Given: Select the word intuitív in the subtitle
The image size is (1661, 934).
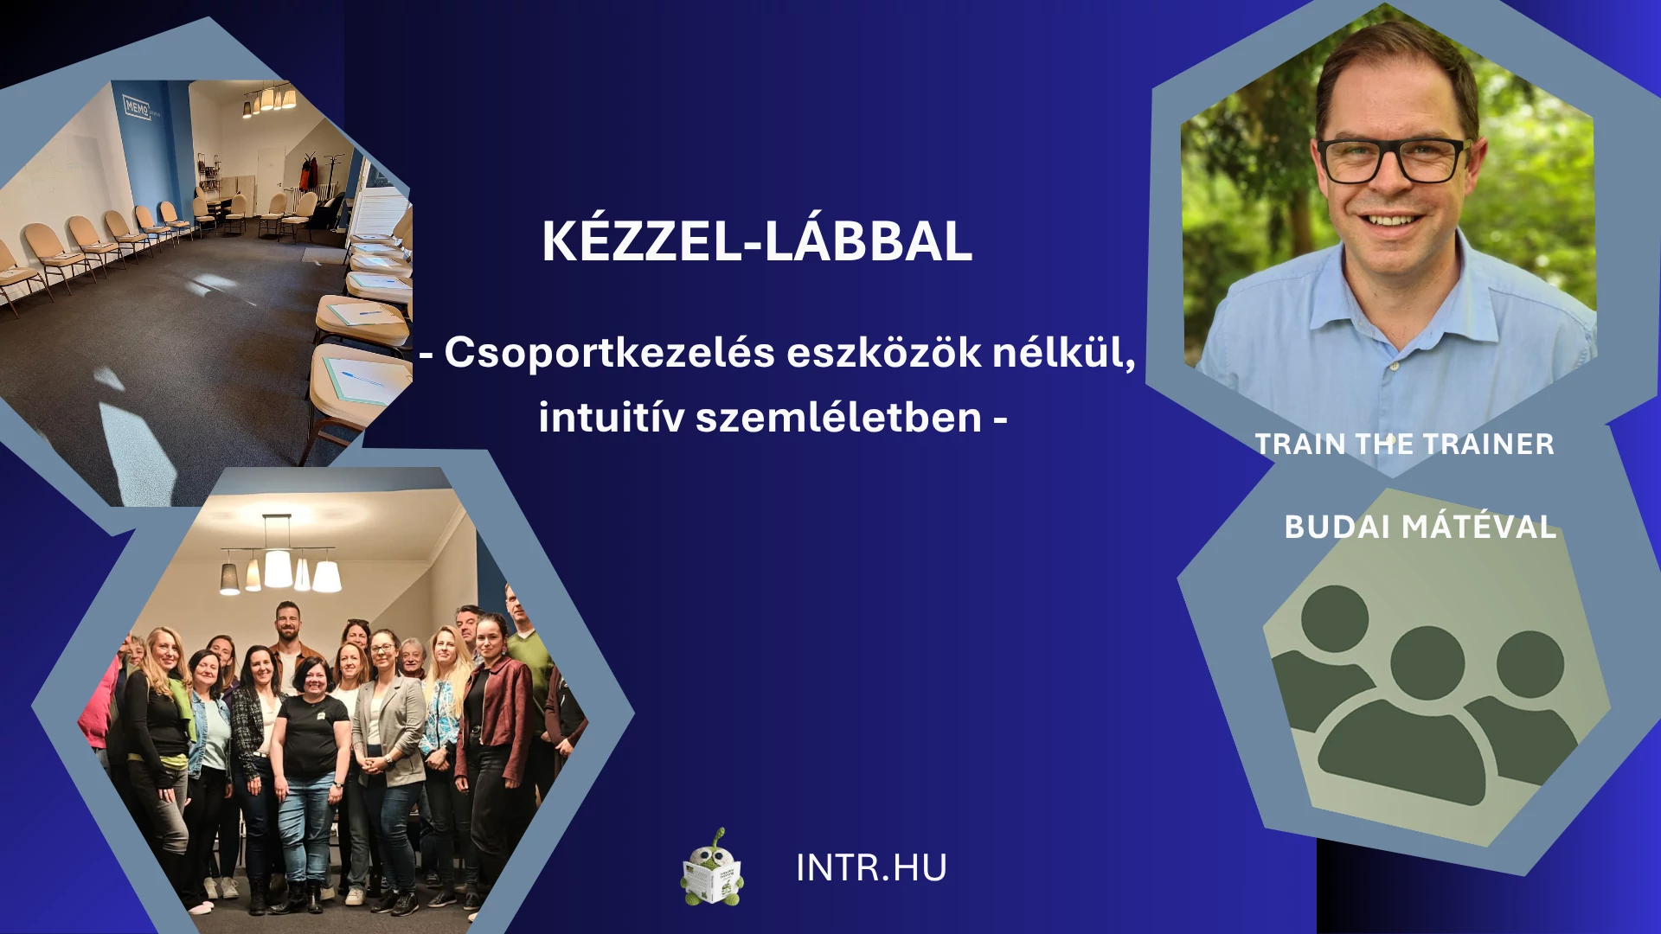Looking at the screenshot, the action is click(612, 417).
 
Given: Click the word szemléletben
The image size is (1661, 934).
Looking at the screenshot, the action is click(838, 417).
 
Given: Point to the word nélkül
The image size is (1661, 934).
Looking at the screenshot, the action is click(1063, 353).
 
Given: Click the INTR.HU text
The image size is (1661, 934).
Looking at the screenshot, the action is click(871, 868).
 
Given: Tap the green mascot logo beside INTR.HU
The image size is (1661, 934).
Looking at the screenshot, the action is click(712, 869).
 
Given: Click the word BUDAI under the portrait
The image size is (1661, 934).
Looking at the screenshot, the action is click(1337, 527).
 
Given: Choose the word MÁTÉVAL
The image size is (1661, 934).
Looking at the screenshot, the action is click(1478, 526).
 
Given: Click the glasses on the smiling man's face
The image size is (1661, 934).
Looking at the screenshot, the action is click(1392, 161).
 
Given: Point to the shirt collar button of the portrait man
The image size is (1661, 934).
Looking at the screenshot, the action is click(1395, 368).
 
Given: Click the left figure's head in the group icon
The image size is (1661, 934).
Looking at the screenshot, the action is click(1334, 618).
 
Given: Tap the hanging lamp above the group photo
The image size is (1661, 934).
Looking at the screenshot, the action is click(279, 562).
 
